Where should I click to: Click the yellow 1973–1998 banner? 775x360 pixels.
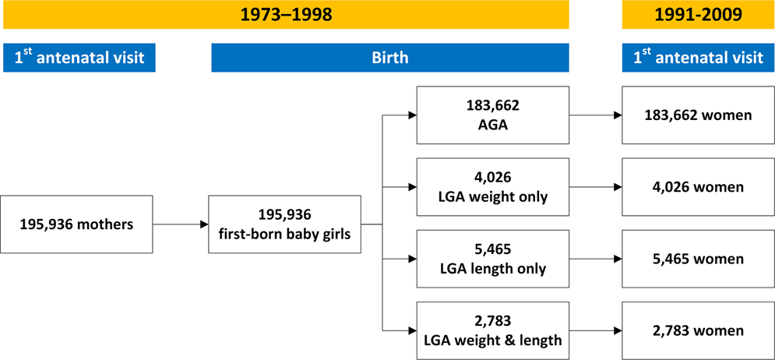pos(286,14)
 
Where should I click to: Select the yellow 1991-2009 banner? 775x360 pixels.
pos(699,14)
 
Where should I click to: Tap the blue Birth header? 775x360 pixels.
pos(390,58)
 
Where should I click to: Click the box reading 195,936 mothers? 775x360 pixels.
pos(76,224)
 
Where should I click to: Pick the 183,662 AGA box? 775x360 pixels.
pos(493,115)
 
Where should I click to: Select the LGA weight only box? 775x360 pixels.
pos(493,188)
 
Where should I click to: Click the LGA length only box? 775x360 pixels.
pos(493,259)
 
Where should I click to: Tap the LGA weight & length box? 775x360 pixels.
pos(493,331)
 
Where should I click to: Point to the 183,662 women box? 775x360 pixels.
pos(699,115)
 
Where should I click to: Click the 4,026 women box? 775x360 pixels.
pos(699,188)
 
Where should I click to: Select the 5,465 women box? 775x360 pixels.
pos(699,259)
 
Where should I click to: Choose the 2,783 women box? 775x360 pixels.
pos(699,331)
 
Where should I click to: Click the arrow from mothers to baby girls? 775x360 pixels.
pos(181,224)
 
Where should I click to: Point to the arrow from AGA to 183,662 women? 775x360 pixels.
pos(596,115)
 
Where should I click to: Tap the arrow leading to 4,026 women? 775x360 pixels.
pos(596,188)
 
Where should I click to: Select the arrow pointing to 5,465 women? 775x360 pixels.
pos(596,259)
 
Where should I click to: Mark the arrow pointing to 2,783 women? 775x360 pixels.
pos(596,331)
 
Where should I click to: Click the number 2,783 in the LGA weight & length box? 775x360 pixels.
pos(492,323)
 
